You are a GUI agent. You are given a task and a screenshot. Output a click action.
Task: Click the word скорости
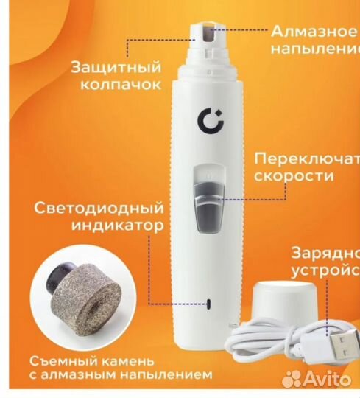tap(292, 177)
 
